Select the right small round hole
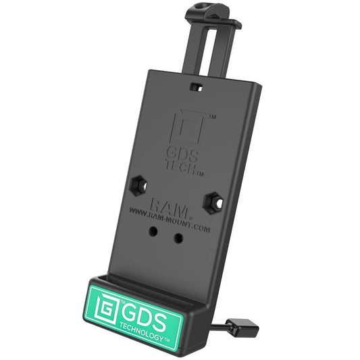[178, 238]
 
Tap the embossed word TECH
[180, 170]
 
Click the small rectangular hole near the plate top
[197, 87]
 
